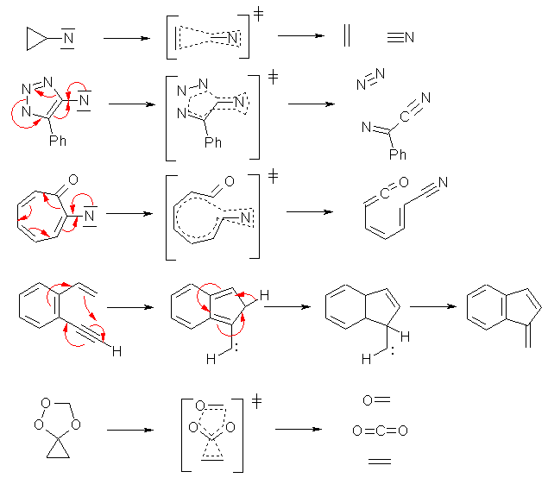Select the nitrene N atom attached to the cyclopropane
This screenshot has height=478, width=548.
[x=68, y=39]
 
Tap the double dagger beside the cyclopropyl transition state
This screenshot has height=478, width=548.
[x=258, y=14]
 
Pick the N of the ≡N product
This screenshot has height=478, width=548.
[x=409, y=37]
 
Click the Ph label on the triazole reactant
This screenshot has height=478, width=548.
[x=58, y=141]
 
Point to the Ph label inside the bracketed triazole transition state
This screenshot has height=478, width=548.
[x=213, y=142]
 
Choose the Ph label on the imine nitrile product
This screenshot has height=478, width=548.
[x=398, y=154]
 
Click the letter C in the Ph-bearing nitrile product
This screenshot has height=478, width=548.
[x=405, y=116]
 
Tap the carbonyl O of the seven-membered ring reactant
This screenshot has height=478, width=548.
[x=73, y=179]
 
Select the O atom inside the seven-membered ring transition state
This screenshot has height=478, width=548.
[x=230, y=181]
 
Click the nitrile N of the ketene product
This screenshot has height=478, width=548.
[x=443, y=182]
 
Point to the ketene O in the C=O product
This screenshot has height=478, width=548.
[x=404, y=182]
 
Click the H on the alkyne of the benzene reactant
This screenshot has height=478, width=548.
[x=117, y=351]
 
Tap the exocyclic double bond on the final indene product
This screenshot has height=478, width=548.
[x=528, y=336]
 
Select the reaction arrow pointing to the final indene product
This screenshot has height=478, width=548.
[x=433, y=306]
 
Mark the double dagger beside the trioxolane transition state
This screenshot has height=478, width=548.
[x=256, y=402]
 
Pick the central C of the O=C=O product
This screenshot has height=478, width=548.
[x=381, y=431]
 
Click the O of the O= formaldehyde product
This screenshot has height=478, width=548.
[x=368, y=400]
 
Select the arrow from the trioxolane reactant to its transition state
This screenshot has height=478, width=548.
[x=130, y=430]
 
